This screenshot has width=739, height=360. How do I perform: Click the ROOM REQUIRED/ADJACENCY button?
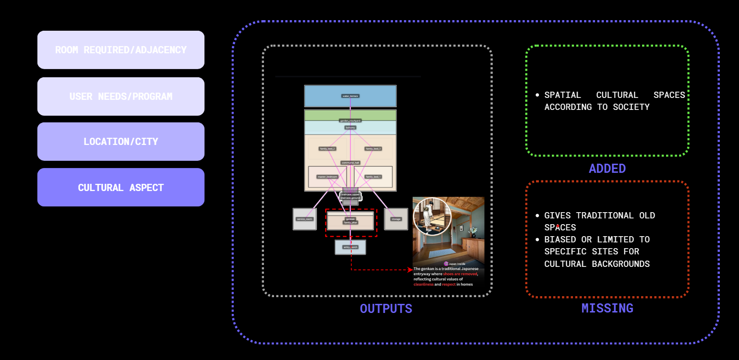(x=121, y=50)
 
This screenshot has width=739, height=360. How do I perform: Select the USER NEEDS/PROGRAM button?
(x=121, y=96)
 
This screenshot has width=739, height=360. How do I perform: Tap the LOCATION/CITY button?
(x=121, y=142)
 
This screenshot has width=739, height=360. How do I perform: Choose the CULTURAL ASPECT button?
(x=121, y=187)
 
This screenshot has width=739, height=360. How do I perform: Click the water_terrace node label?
(x=350, y=96)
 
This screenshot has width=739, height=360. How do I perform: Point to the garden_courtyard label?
(x=350, y=120)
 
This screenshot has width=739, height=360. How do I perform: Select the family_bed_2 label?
(x=327, y=149)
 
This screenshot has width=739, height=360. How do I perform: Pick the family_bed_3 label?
(x=373, y=149)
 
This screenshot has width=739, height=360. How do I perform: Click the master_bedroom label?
(x=327, y=177)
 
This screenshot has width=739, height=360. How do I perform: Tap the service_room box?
(x=305, y=219)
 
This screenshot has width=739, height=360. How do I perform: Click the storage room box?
(x=396, y=219)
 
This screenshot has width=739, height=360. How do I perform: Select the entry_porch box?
(x=350, y=247)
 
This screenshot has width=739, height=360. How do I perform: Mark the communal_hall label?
(x=350, y=163)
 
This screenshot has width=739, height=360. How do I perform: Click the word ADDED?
(x=607, y=168)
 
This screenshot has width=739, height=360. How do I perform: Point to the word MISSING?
(x=607, y=308)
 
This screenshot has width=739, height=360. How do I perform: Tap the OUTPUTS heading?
(x=386, y=309)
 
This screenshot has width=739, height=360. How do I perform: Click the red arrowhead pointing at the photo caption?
(x=410, y=270)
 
